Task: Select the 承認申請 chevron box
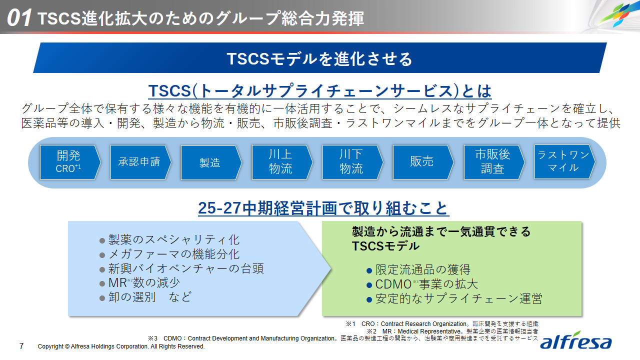140,162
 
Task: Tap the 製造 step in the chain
211,162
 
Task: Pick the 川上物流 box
282,162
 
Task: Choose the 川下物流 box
352,162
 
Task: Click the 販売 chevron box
423,162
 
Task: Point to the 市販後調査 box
494,162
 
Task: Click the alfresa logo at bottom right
575,340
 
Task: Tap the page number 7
21,346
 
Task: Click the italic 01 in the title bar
19,17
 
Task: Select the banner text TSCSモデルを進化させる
319,59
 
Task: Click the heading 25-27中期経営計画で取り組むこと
323,207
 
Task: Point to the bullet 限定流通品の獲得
418,269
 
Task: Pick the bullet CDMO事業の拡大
422,284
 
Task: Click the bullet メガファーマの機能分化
169,254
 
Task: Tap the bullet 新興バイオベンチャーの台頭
181,268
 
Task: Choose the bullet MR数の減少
139,282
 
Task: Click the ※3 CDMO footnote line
343,338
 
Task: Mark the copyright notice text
121,346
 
